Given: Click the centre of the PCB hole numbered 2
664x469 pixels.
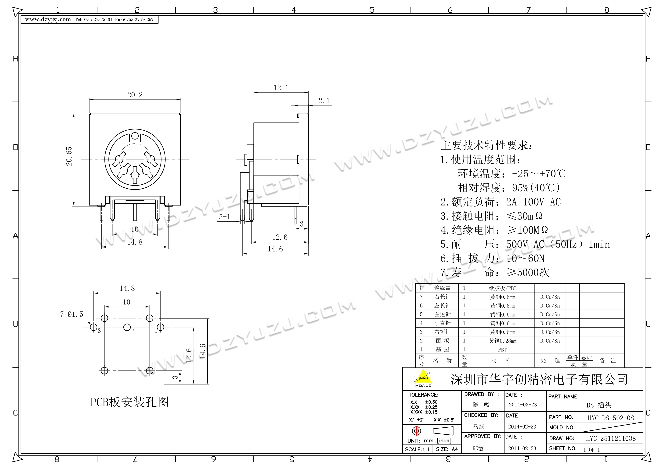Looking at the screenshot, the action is point(127,327).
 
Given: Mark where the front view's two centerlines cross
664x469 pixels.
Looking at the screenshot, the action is point(135,159).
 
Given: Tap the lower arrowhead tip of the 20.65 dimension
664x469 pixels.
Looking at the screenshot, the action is point(74,206).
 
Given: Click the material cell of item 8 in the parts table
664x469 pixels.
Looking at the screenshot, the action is point(502,288).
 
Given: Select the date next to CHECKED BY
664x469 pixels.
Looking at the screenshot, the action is point(522,426).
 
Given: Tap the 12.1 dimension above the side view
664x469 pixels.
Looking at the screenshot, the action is point(281,88).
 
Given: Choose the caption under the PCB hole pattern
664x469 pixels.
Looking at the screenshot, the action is point(129,402).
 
